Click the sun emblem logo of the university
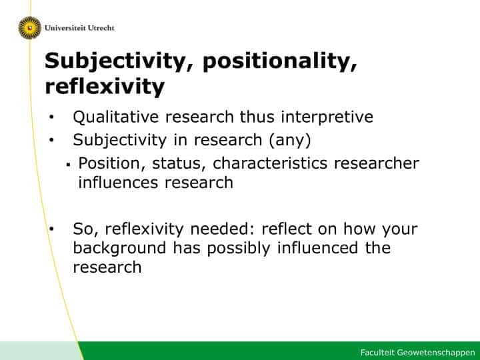(30, 28)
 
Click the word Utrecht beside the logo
(101, 28)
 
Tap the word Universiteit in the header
(65, 28)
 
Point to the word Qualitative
(116, 117)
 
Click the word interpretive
(327, 117)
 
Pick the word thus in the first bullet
(257, 117)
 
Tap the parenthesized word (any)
(290, 140)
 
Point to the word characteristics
(270, 163)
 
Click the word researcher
(377, 163)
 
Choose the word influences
(118, 183)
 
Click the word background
(120, 249)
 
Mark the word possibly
(239, 249)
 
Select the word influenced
(317, 248)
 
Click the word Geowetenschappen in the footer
(435, 353)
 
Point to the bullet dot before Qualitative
(51, 117)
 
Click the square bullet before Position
(68, 165)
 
